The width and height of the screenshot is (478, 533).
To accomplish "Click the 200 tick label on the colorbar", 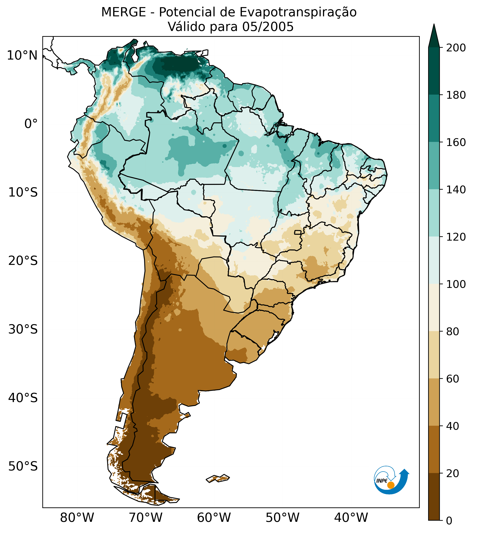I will [x=456, y=48].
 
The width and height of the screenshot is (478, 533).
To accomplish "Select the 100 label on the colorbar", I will [x=456, y=284].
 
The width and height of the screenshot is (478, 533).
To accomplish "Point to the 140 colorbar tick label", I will [x=456, y=190].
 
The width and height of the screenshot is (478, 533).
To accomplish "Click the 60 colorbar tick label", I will [x=453, y=379].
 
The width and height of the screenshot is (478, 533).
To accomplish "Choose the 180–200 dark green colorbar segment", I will [x=434, y=71].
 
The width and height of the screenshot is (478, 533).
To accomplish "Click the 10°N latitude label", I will [x=22, y=55].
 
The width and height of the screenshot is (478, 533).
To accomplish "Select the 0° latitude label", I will [x=31, y=124].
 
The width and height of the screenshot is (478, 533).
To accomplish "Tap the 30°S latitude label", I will [x=23, y=330].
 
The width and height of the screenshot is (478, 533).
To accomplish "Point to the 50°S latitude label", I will [x=23, y=467].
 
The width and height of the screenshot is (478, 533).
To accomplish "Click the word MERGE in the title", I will [x=123, y=12].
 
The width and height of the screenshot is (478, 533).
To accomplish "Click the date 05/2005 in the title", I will [x=268, y=27].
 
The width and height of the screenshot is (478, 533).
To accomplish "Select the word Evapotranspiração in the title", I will [x=298, y=12].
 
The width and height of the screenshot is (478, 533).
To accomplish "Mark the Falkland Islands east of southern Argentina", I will [x=218, y=478].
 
